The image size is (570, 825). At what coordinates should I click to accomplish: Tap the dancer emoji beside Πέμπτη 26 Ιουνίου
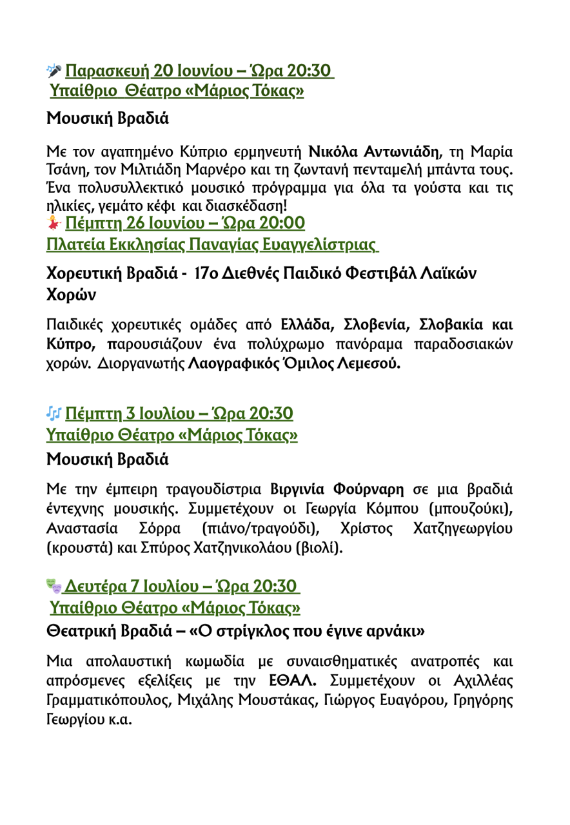pos(54,224)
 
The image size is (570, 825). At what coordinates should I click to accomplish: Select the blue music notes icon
pos(54,412)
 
